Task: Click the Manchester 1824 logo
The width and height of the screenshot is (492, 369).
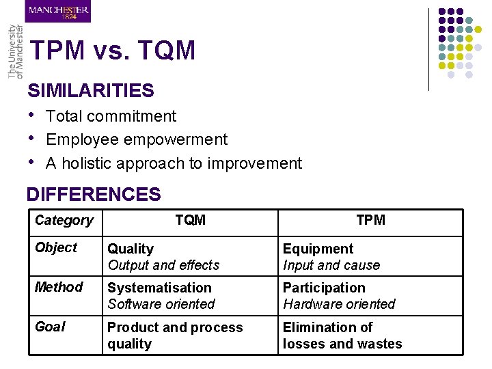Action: pos(58,11)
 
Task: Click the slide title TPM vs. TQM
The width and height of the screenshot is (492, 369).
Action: pos(113,51)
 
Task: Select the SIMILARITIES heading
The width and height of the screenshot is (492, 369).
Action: pos(91,90)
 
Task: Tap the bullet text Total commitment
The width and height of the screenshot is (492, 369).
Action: pos(111,116)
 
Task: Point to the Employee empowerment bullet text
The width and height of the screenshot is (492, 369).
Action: pos(137,139)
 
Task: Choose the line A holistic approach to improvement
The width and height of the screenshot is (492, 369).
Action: pos(174,163)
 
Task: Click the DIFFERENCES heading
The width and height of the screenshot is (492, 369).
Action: pos(94,194)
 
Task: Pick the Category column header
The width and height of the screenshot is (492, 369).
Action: pos(64,220)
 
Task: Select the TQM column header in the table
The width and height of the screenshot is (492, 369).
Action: pos(190,220)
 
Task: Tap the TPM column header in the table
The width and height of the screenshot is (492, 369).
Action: pos(370,220)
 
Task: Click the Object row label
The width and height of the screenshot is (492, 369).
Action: pos(56,247)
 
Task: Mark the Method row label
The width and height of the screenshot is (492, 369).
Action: pos(59,287)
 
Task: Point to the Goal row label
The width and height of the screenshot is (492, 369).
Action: pos(51,327)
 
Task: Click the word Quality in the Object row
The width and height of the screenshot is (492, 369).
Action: pos(131,249)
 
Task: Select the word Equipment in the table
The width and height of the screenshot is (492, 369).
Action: pos(318,249)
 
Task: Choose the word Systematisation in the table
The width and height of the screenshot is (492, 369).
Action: pos(159,288)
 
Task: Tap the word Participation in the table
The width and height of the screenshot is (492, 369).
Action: pos(324,288)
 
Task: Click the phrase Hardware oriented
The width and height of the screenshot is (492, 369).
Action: pos(339,304)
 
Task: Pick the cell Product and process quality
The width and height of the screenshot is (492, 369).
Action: pos(175,336)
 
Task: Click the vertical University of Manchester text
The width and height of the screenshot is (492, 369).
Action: pos(14,53)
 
